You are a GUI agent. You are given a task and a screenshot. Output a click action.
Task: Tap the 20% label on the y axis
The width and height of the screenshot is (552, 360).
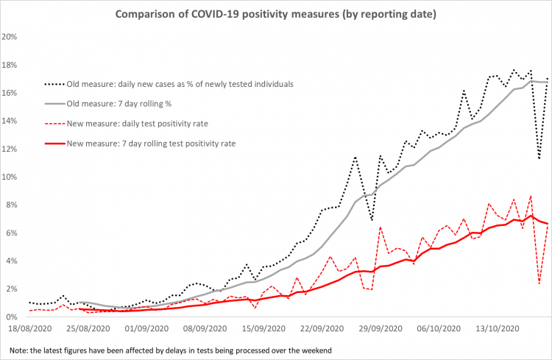pos(11,37)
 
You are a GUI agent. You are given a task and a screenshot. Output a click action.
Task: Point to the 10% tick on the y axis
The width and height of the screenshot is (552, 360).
pos(11,177)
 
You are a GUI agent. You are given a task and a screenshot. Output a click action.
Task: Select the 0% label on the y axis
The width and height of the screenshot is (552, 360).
pos(13,317)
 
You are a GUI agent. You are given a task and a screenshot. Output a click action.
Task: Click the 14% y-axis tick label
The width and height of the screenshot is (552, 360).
pos(11,121)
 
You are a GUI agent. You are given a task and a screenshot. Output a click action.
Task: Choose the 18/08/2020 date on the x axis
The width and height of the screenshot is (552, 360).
pos(30,330)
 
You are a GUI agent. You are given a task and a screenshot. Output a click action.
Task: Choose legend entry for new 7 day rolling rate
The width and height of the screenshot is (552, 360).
pos(151,144)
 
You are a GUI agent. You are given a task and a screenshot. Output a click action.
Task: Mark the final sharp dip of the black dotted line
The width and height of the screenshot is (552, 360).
pos(539,158)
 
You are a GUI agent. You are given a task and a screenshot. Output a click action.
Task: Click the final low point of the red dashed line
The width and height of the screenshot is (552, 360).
pos(539,283)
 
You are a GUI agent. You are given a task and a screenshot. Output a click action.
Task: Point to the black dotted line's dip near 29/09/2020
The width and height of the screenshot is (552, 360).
pos(372,220)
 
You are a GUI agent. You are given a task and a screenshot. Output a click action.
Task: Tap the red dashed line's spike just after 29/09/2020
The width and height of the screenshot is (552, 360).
pos(381,227)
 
